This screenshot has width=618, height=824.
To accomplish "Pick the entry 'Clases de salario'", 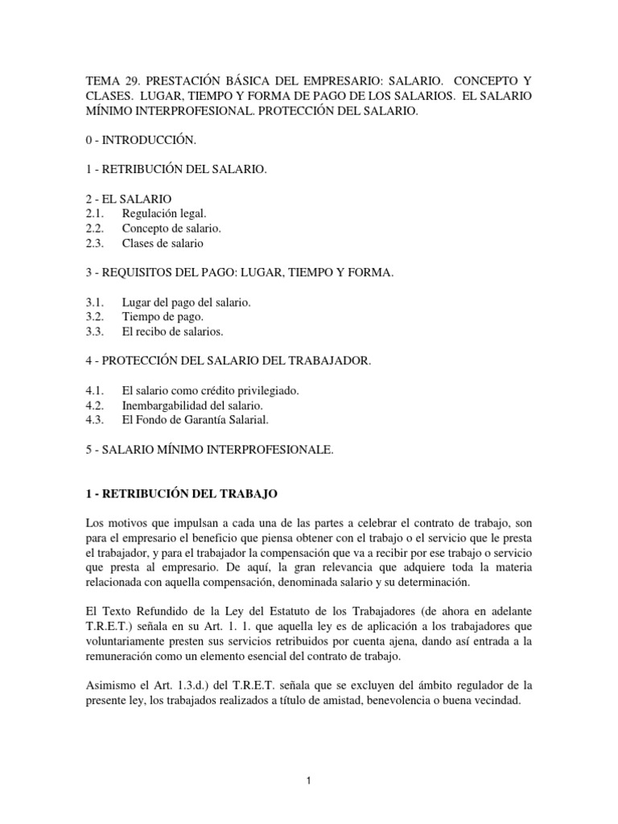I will coord(163,243).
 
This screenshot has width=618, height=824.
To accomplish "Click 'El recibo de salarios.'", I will coord(173,332).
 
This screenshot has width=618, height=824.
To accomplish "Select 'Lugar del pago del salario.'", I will coord(187,303).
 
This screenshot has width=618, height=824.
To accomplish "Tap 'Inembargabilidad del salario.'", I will coord(192,406).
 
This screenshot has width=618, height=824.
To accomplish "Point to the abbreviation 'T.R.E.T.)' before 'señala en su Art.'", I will coord(112,627).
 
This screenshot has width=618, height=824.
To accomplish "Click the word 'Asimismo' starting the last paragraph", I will coord(113,686).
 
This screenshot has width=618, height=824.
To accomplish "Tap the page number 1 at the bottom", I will coord(309,779).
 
